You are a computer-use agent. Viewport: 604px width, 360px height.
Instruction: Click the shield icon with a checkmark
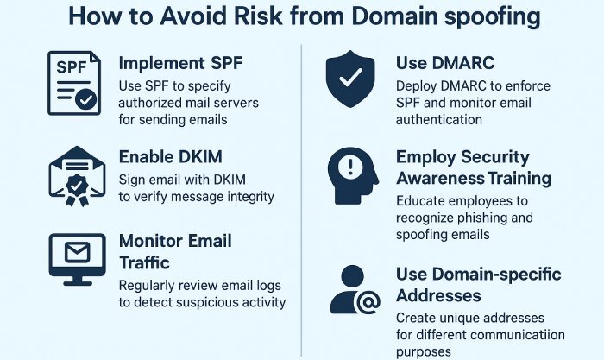[350, 80]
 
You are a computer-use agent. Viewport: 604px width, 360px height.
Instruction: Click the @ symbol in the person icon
[367, 301]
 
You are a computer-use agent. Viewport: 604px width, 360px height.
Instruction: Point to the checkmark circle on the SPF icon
[85, 99]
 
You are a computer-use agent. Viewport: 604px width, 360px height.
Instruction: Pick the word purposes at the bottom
[425, 352]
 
